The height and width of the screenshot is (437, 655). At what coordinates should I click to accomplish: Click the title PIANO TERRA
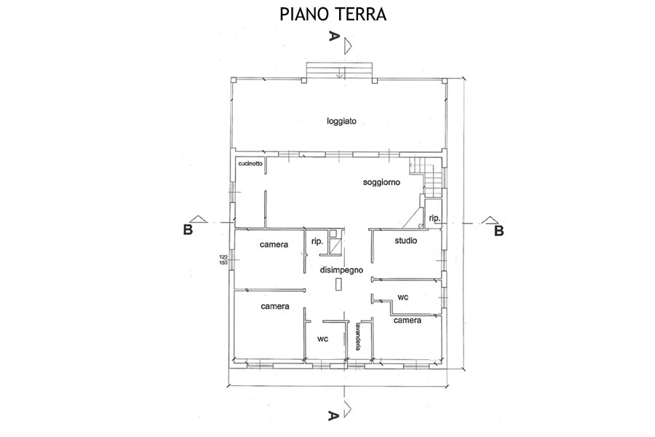[333, 15]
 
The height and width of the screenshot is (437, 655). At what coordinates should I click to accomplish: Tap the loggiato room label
[341, 122]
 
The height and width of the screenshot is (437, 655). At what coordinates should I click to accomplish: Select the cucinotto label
[250, 163]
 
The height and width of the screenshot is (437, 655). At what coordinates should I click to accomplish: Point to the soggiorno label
[381, 182]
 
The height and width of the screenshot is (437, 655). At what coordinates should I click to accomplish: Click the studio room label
[405, 240]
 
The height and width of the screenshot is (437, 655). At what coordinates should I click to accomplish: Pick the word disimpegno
[341, 270]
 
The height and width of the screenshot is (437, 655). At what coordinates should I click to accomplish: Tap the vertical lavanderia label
[358, 336]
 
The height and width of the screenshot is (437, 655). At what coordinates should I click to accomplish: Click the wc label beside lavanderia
[322, 339]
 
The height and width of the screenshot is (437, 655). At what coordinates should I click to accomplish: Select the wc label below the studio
[402, 297]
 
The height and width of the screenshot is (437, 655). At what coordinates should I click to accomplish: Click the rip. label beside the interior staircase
[434, 219]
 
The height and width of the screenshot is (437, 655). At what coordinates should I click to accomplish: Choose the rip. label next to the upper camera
[317, 241]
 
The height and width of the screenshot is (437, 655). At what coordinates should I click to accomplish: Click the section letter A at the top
[333, 36]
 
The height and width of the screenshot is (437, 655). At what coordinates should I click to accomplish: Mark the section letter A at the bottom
[333, 415]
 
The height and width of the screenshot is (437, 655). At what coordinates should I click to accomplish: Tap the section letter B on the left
[188, 229]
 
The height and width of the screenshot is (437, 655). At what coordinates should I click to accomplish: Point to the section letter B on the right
[499, 231]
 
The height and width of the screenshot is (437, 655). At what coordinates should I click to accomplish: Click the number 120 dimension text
[223, 257]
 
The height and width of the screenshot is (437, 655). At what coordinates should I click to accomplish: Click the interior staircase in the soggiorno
[427, 177]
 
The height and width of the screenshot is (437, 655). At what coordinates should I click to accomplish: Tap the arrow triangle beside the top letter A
[346, 46]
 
